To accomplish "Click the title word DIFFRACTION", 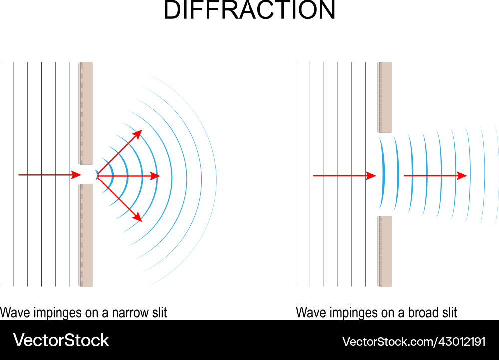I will pos(249,11).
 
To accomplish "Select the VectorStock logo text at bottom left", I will pos(61,340).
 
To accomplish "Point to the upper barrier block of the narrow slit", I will pos(86,113).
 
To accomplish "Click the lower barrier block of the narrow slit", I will pos(86,235).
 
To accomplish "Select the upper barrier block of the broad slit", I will pos(385,97).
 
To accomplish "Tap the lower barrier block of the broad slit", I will pos(385,251).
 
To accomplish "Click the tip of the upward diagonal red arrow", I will pos(141,130).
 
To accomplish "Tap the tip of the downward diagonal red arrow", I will pos(141,220).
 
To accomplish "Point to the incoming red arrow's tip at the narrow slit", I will pos(80,175).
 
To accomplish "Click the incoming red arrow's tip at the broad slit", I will pos(375,176).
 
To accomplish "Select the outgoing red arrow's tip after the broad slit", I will pos(466,176).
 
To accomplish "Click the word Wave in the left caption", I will pos(13,313).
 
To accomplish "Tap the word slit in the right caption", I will pos(448,313).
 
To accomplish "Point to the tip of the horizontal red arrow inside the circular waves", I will pos(159,176).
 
